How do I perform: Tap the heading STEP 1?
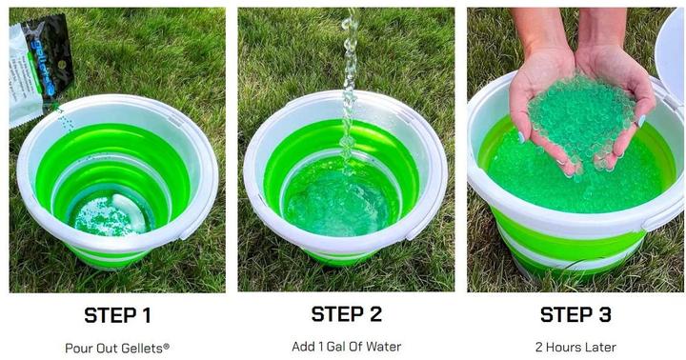click(118, 316)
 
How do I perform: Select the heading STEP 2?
click(347, 314)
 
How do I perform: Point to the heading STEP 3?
click(575, 315)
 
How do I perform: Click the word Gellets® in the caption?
click(145, 349)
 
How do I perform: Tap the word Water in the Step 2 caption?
click(384, 347)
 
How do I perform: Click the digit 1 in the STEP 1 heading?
click(146, 316)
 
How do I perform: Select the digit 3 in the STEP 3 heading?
click(605, 315)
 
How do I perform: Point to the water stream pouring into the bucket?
click(350, 88)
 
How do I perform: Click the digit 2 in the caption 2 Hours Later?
click(539, 348)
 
